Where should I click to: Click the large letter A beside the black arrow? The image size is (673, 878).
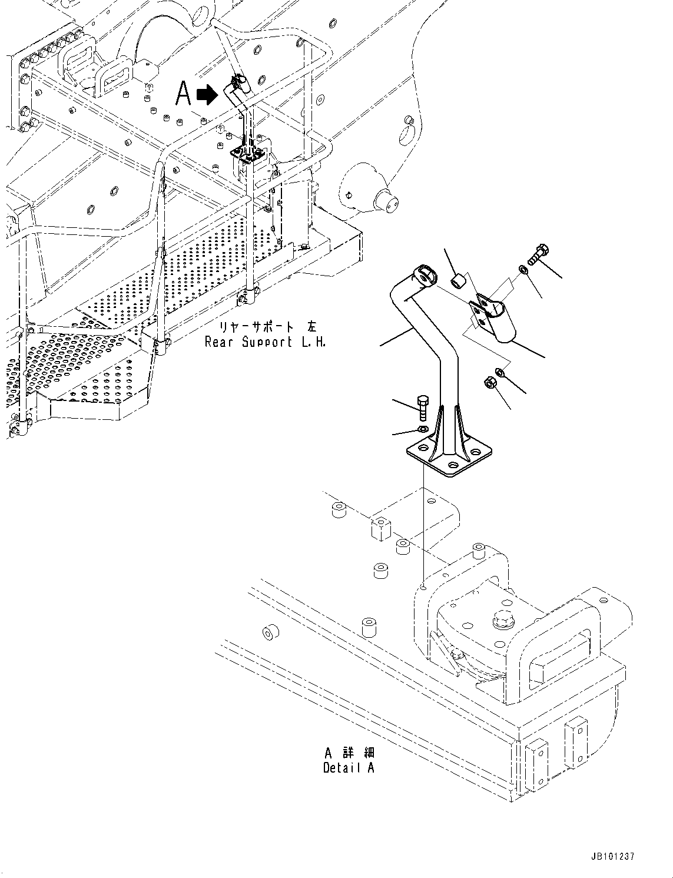click(184, 94)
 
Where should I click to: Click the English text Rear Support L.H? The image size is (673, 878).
click(264, 342)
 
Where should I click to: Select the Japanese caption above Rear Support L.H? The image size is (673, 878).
click(267, 327)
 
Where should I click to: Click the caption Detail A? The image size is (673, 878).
click(348, 768)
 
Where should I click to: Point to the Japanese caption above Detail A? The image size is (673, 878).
click(349, 753)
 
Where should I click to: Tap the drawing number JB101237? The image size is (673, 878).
click(611, 857)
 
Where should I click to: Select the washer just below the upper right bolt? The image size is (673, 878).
click(523, 270)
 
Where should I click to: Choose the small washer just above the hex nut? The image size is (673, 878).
click(499, 372)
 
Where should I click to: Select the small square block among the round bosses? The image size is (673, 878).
click(381, 528)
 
